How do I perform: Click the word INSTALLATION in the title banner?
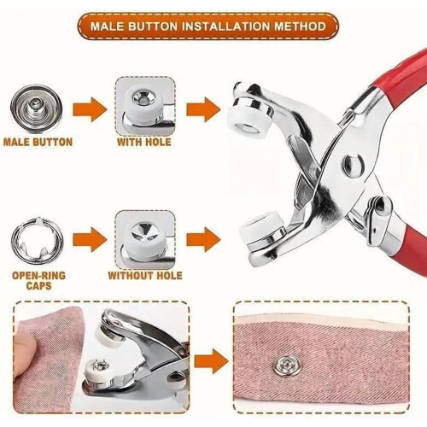coord(225,26)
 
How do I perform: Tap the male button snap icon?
coord(36,109)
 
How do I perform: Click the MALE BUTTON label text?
coord(38,142)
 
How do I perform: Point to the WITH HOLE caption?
coord(144,142)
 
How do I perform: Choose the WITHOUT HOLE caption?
coord(145,276)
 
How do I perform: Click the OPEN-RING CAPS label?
coord(38,280)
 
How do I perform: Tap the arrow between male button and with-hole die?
coord(90,109)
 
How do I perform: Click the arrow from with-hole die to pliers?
coord(203,109)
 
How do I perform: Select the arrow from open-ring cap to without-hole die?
coord(90,239)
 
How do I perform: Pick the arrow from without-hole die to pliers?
coord(203,239)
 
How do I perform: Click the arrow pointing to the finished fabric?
coord(212,361)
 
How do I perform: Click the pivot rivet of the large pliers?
coord(353,164)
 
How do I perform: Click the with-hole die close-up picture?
coord(145,107)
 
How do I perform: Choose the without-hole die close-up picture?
coord(145,240)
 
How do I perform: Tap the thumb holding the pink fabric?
coord(27,353)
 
